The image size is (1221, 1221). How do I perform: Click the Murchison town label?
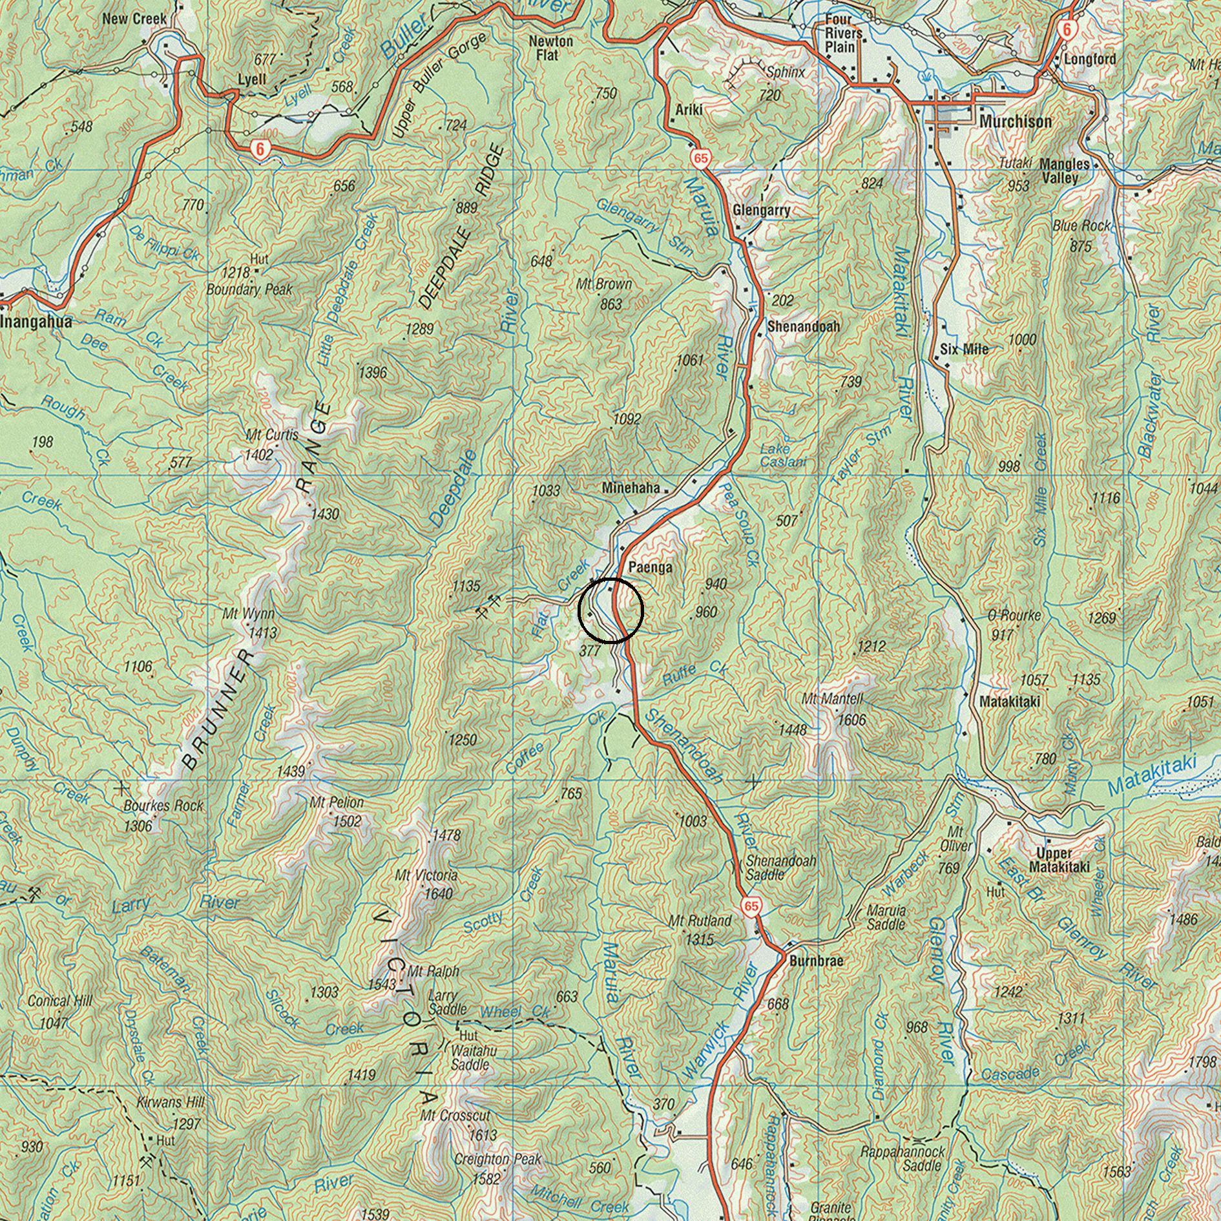click(1015, 121)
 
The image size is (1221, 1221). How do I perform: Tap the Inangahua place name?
click(36, 322)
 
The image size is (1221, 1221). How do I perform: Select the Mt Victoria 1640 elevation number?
click(439, 894)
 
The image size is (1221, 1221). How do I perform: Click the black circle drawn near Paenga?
click(610, 610)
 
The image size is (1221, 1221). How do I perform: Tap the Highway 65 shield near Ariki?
click(702, 157)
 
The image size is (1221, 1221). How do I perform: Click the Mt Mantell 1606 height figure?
click(851, 720)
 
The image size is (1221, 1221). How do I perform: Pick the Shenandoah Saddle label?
click(781, 868)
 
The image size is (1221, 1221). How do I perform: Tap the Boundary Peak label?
click(249, 289)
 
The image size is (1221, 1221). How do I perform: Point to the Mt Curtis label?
click(272, 435)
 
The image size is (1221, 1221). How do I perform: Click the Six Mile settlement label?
click(964, 349)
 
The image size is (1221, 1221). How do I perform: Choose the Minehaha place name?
click(631, 488)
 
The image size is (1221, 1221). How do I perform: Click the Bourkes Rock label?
click(163, 806)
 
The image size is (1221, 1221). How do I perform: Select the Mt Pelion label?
click(337, 802)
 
